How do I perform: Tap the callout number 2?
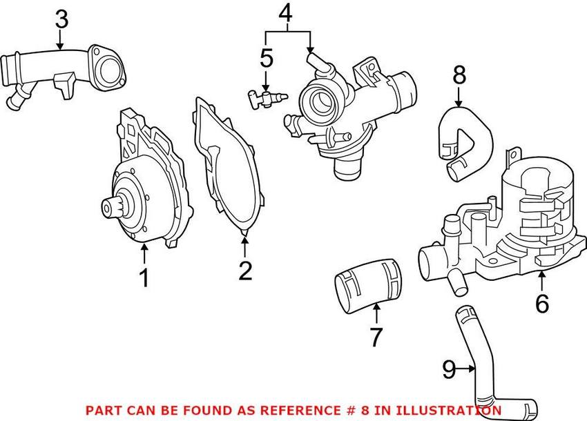245,271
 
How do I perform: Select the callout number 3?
61,19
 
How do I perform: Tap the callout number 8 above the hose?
459,75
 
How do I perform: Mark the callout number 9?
449,370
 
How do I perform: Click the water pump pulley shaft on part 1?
108,206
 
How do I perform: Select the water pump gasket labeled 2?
219,166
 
